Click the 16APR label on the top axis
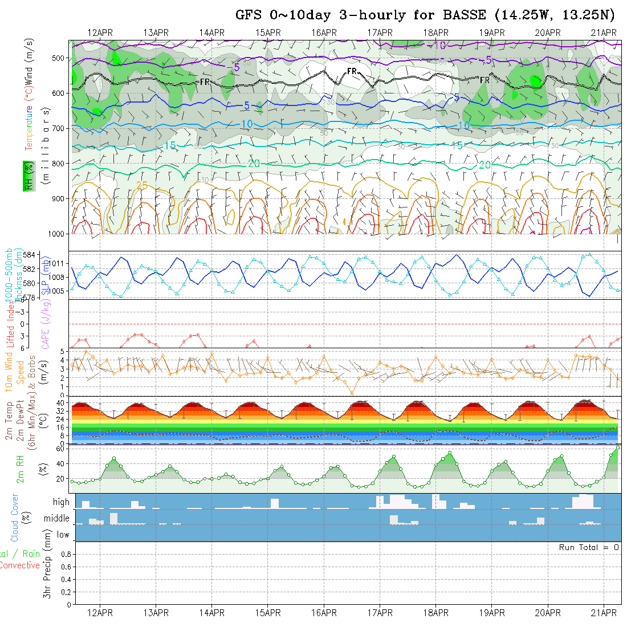(x=324, y=32)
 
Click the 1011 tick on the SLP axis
(x=58, y=263)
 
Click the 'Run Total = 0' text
(x=589, y=547)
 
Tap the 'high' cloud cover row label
(x=61, y=502)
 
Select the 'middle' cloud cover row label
(x=56, y=518)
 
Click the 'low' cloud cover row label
(x=63, y=535)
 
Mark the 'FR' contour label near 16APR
(x=352, y=71)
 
